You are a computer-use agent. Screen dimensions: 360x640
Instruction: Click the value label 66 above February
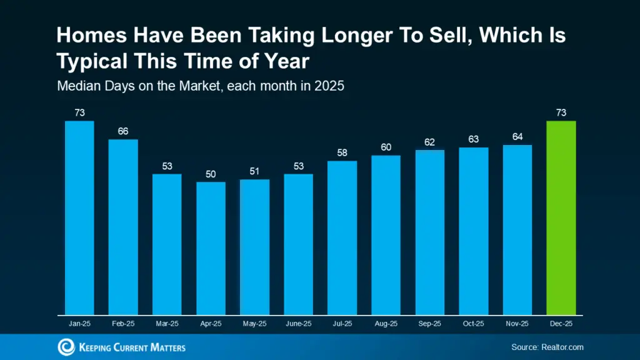[x=123, y=131]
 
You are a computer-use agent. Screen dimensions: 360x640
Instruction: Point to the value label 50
[x=211, y=174]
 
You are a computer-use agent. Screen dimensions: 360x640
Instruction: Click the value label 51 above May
[x=254, y=171]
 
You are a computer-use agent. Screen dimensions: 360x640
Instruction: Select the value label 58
[x=342, y=153]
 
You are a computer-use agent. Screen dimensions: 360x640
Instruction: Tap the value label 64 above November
[x=517, y=137]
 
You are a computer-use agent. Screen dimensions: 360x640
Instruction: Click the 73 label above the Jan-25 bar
[x=79, y=112]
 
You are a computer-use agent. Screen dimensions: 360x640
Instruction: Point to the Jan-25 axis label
[x=79, y=324]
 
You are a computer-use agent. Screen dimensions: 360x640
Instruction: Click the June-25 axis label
[x=298, y=324]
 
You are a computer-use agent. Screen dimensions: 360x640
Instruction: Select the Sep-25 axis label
[x=429, y=324]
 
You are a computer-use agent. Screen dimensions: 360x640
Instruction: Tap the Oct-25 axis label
[x=473, y=324]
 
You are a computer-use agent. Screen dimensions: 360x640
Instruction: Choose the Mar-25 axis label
[x=167, y=324]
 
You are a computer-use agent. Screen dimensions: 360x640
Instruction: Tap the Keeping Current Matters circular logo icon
[x=66, y=347]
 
